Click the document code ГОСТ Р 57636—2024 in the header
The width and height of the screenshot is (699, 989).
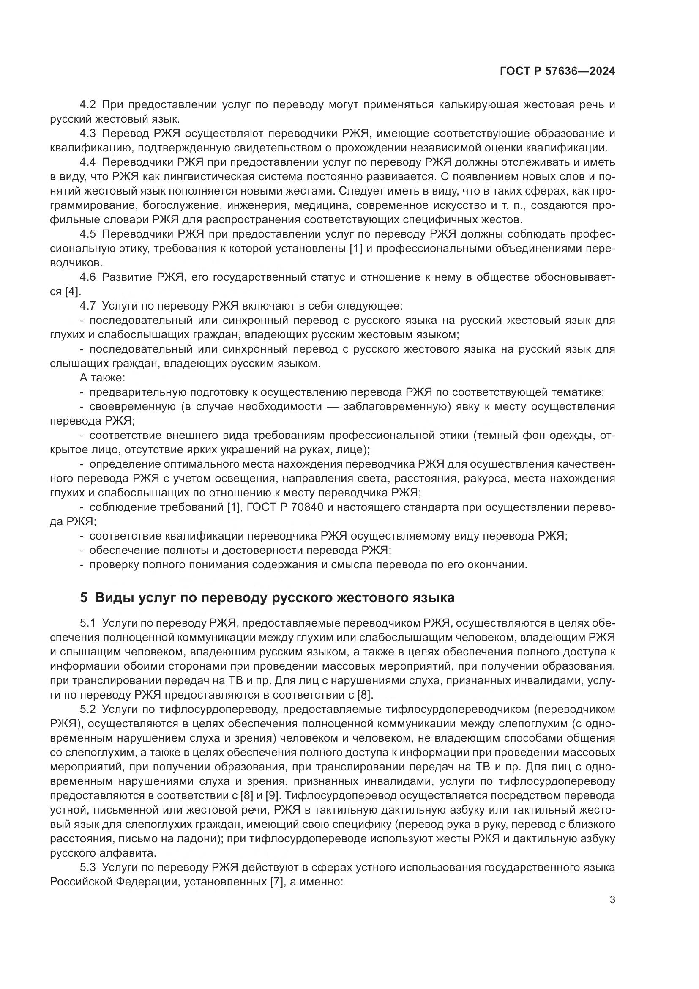pos(557,71)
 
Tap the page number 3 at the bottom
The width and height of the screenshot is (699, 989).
pos(612,900)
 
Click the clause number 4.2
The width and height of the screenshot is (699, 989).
pos(88,105)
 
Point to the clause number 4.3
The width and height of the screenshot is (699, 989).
pos(88,134)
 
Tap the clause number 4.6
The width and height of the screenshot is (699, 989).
pos(88,277)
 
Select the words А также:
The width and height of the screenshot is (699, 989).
pos(102,378)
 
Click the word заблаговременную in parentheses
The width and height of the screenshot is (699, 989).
pos(397,407)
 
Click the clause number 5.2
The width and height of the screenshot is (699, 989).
pos(88,709)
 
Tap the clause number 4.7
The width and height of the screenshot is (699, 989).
pos(88,306)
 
